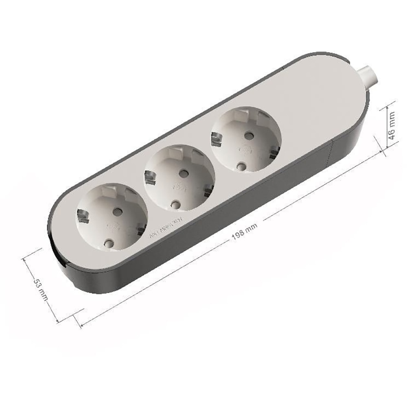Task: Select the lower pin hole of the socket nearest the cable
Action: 242,166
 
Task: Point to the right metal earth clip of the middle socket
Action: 208,190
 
